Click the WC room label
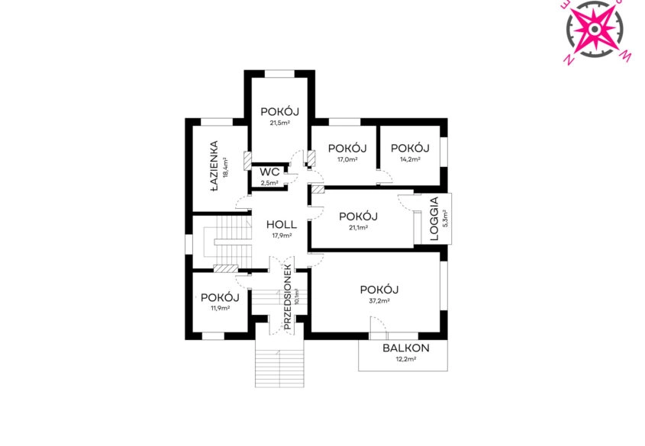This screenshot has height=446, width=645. tap(269, 172)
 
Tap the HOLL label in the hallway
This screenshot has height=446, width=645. tap(282, 225)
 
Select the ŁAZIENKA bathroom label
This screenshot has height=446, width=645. tap(214, 167)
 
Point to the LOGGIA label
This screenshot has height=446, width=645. tap(434, 219)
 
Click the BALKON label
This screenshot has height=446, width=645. tap(406, 348)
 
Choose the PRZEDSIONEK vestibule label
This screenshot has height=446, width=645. tap(288, 297)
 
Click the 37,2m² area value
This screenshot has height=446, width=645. tap(379, 301)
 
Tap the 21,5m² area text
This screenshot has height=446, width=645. tap(279, 123)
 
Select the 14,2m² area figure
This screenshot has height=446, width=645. tap(410, 159)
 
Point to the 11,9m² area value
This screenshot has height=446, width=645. tap(220, 309)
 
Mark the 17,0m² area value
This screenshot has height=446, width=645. tap(347, 159)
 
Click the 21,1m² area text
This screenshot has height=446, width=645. tap(358, 227)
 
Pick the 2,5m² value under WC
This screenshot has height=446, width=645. tap(269, 183)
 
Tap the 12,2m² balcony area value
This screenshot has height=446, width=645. tap(406, 359)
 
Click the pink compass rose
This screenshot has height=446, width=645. tap(595, 29)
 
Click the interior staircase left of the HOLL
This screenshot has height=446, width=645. tap(228, 242)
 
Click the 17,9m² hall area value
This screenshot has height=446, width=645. tap(282, 236)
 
